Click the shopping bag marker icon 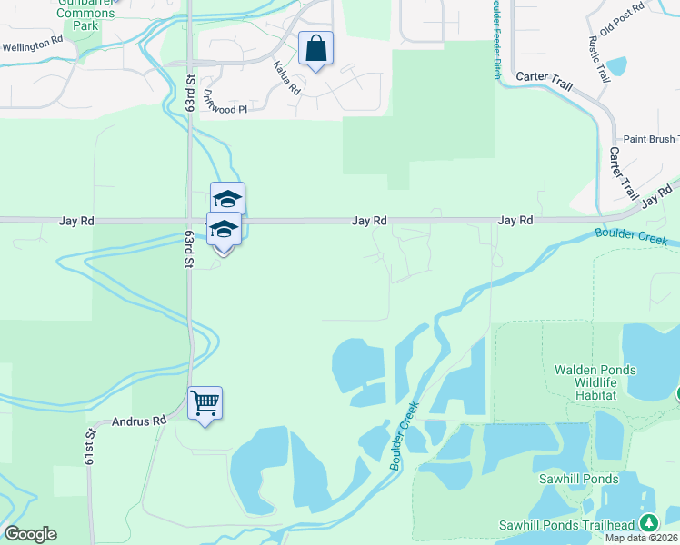pyautogui.click(x=315, y=48)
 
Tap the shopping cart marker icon pyautogui.click(x=205, y=402)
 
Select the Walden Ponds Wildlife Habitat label pyautogui.click(x=595, y=382)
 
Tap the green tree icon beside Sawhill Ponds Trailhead pyautogui.click(x=648, y=523)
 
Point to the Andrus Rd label pyautogui.click(x=140, y=421)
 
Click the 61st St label pyautogui.click(x=90, y=445)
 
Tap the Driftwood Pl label pyautogui.click(x=225, y=101)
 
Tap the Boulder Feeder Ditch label pyautogui.click(x=496, y=39)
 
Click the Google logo pyautogui.click(x=30, y=534)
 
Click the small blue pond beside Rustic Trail pyautogui.click(x=616, y=65)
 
